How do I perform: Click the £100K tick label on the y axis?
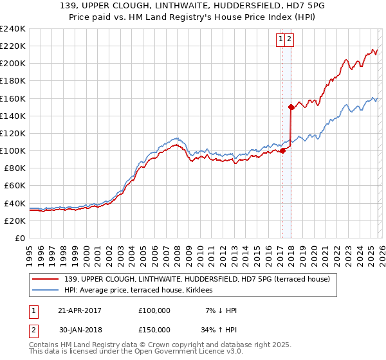pos(12,150)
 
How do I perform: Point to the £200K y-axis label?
pos(12,64)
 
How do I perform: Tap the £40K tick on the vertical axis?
pos(15,203)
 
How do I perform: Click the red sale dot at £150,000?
pos(291,107)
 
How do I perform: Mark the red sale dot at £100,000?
pos(282,150)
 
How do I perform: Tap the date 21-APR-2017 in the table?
pos(80,310)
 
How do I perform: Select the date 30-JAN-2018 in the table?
pos(80,329)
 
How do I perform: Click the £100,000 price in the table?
pos(154,310)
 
